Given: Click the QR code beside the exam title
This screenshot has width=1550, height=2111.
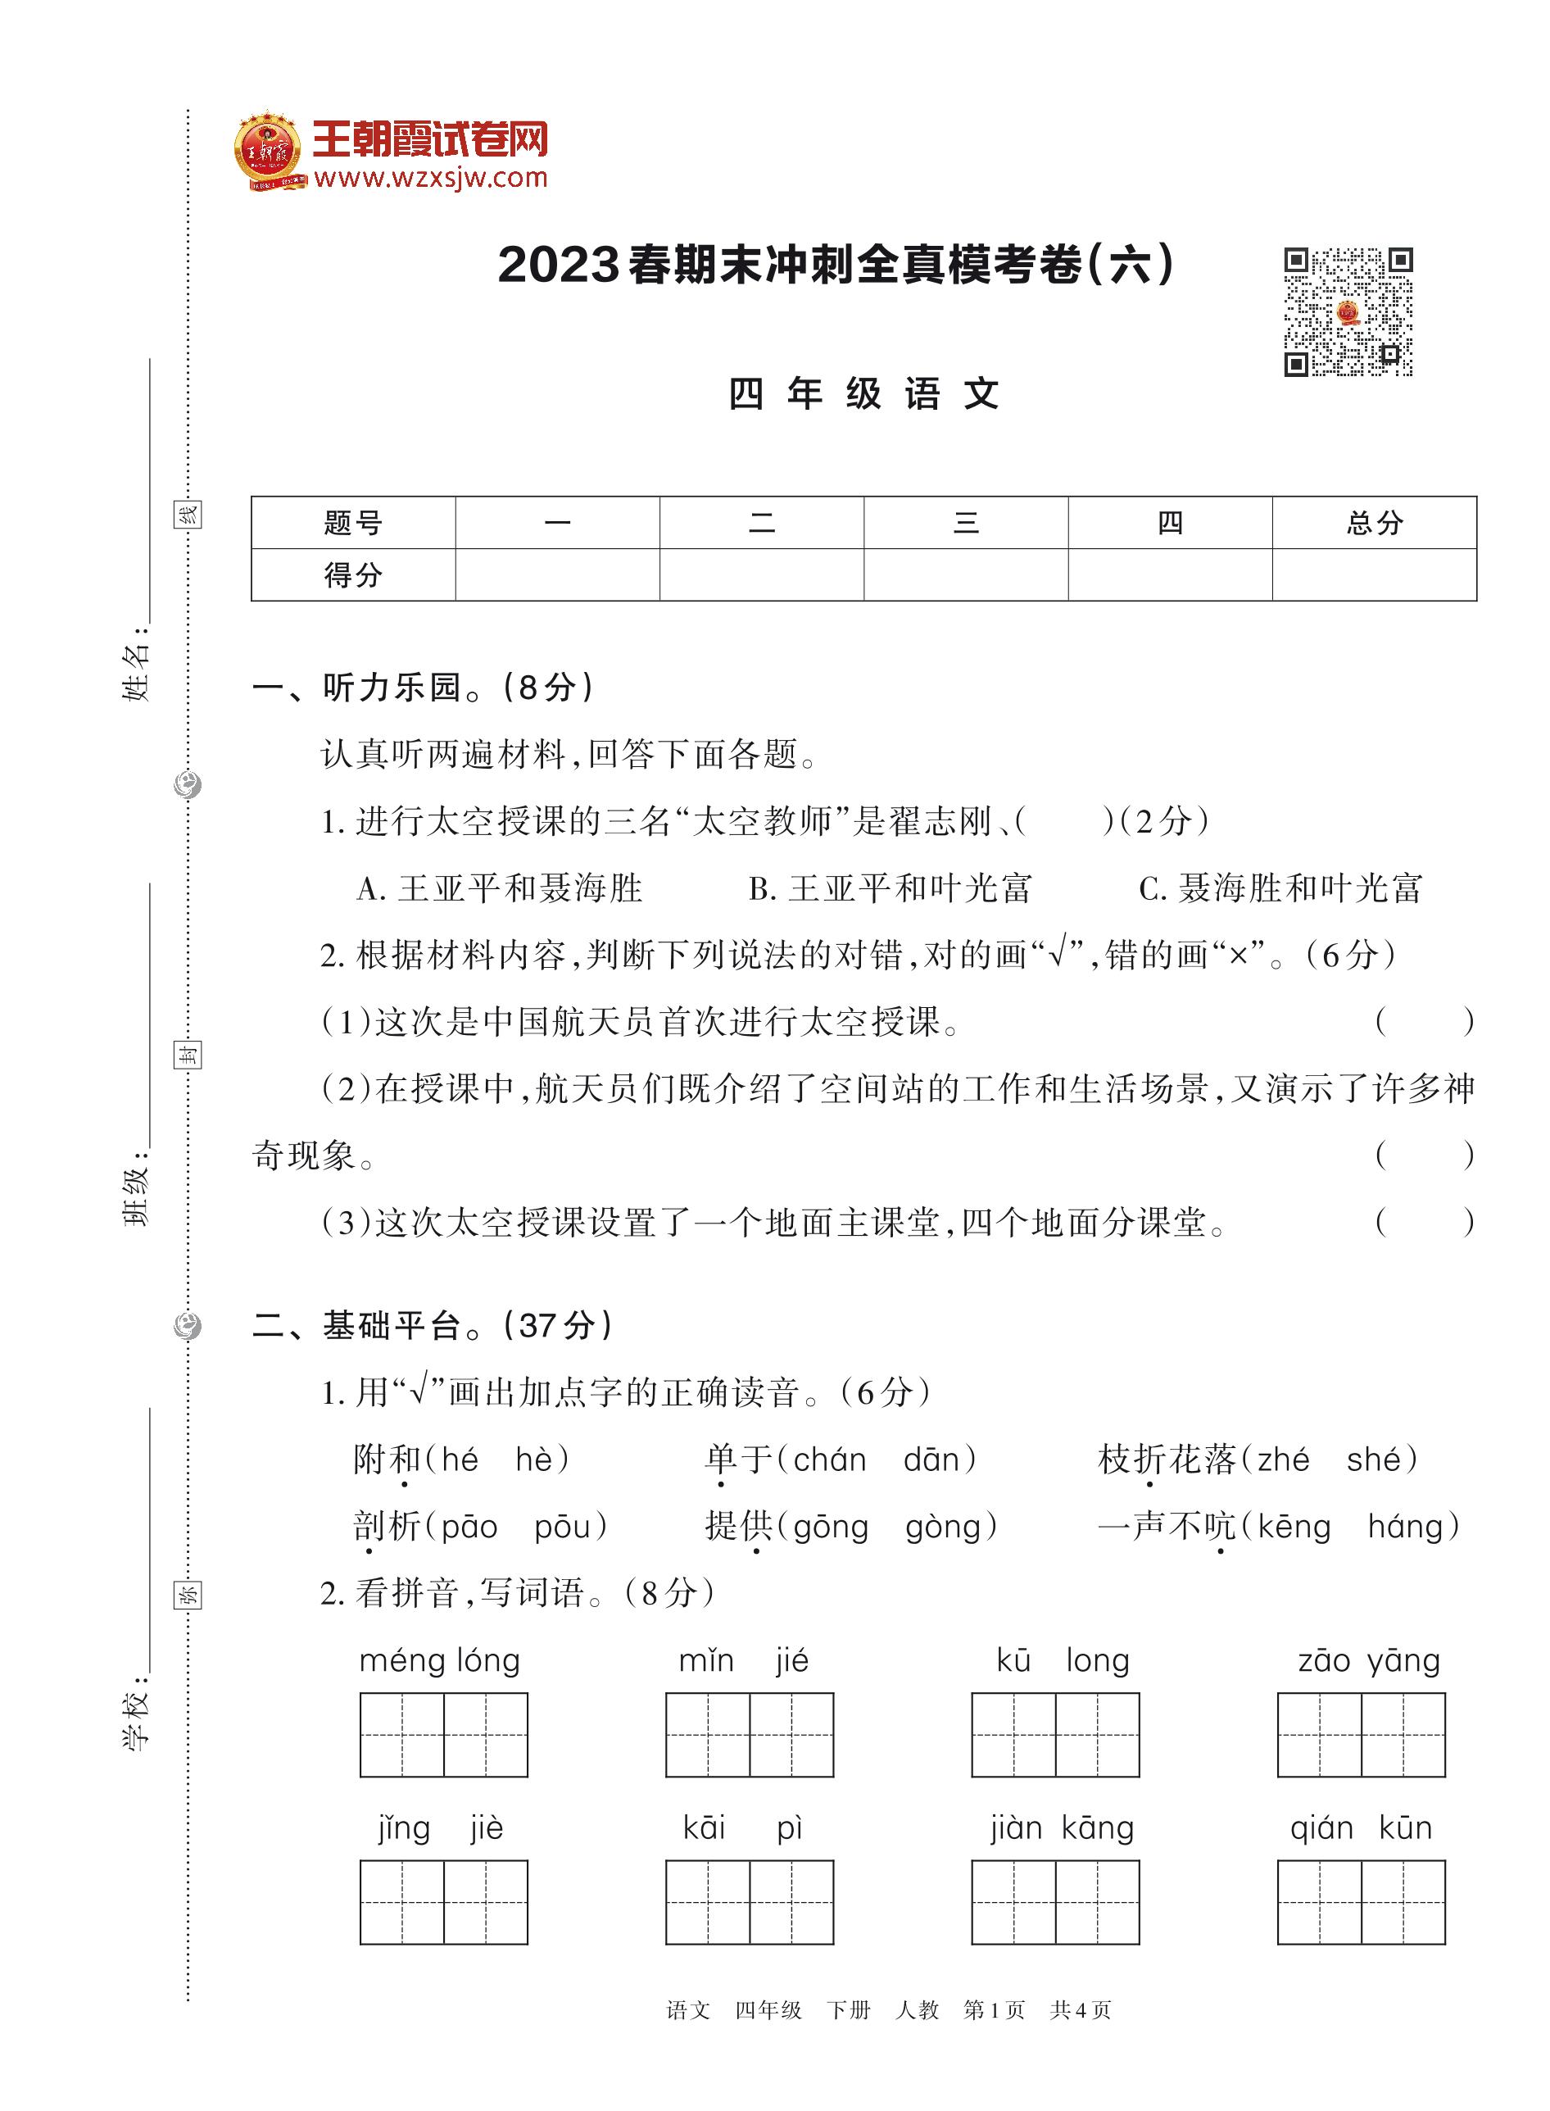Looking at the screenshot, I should coord(1348,311).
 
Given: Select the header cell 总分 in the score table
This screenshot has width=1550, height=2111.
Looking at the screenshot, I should coord(1374,523).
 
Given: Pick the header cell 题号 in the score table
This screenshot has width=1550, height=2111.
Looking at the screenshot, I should coord(353,523).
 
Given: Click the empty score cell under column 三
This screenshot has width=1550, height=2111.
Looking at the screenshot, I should coord(965,574).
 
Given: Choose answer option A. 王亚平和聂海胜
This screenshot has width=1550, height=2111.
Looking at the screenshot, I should coord(500,888).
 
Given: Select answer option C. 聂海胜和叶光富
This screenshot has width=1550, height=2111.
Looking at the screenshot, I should coord(1280,888).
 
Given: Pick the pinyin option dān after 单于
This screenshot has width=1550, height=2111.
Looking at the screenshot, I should coord(931,1460).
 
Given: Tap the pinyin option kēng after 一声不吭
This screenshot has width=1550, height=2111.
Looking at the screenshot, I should coord(1294,1528).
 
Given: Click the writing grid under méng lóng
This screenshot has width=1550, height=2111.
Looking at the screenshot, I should coord(444,1735).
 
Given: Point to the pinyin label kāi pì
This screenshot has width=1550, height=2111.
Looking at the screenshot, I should coord(742,1827).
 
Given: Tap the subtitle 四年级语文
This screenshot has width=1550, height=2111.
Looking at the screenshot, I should coord(863,394).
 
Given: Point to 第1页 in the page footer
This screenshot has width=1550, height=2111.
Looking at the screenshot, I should coord(994,2009).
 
